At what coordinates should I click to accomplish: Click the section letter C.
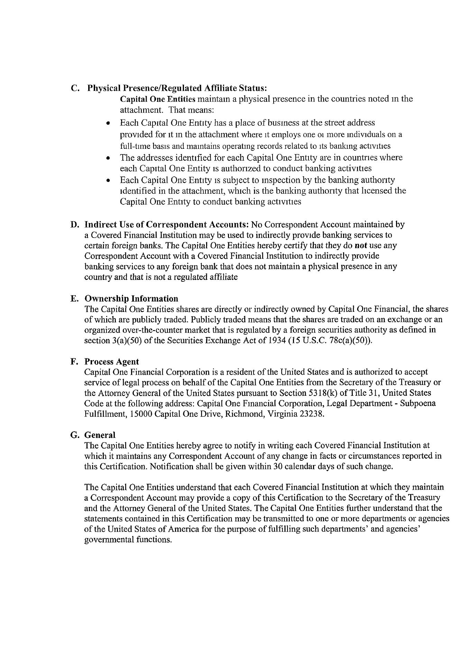pyautogui.click(x=74, y=88)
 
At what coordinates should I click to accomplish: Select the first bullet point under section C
pyautogui.click(x=109, y=123)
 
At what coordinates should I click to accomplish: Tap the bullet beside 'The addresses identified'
pyautogui.click(x=109, y=158)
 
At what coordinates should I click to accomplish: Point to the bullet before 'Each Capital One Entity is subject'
pyautogui.click(x=109, y=181)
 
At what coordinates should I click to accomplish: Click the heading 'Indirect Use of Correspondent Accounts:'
pyautogui.click(x=167, y=224)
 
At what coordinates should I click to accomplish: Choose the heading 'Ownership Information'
pyautogui.click(x=131, y=298)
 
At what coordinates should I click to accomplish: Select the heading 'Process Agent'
pyautogui.click(x=112, y=362)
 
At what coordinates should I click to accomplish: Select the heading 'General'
pyautogui.click(x=100, y=435)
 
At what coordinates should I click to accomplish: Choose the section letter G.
pyautogui.click(x=74, y=435)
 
